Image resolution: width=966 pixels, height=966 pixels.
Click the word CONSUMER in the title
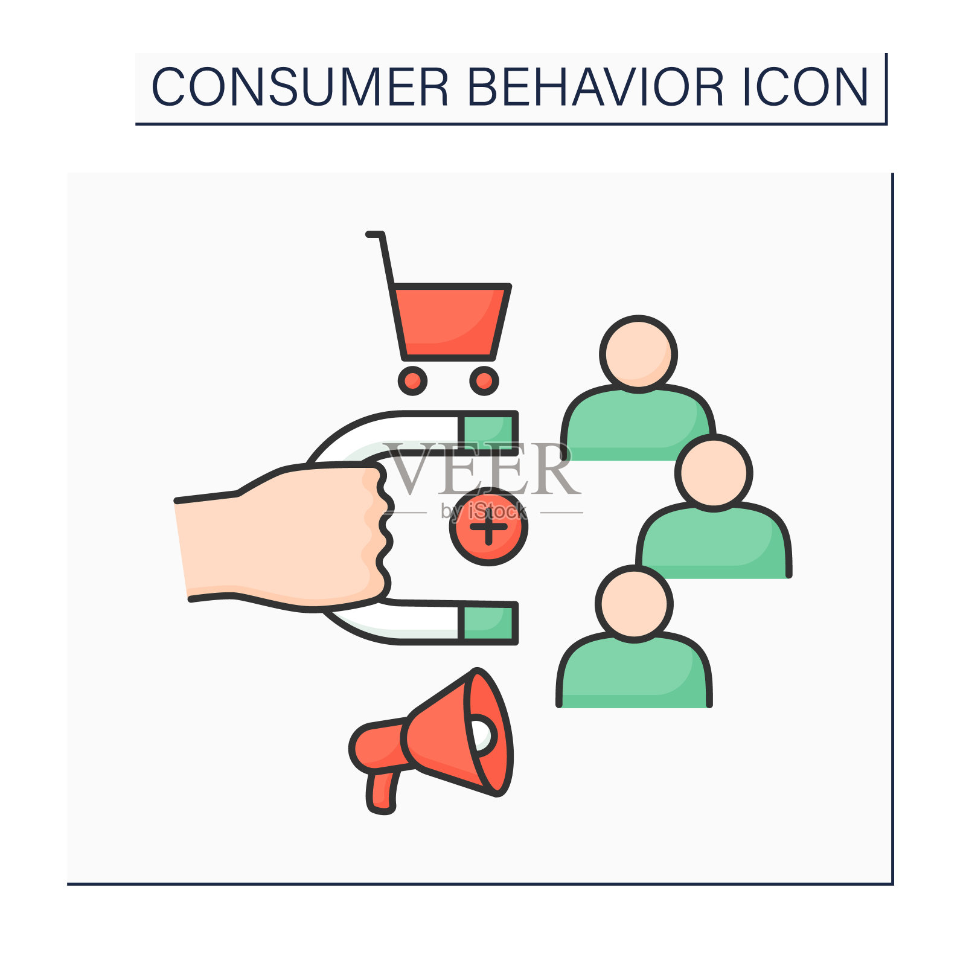click(x=300, y=87)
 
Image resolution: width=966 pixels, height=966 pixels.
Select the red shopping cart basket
click(x=450, y=322)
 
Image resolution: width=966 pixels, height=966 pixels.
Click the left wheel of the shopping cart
click(x=412, y=380)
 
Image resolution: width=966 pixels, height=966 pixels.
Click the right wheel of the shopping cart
click(x=484, y=380)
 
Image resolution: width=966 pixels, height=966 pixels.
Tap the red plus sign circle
click(x=488, y=526)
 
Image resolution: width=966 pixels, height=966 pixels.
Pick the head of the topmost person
click(x=638, y=354)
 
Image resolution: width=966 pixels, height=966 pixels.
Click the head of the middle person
click(x=714, y=473)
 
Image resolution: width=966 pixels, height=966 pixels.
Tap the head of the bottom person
click(x=634, y=604)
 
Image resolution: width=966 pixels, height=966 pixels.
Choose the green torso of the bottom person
click(x=634, y=670)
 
